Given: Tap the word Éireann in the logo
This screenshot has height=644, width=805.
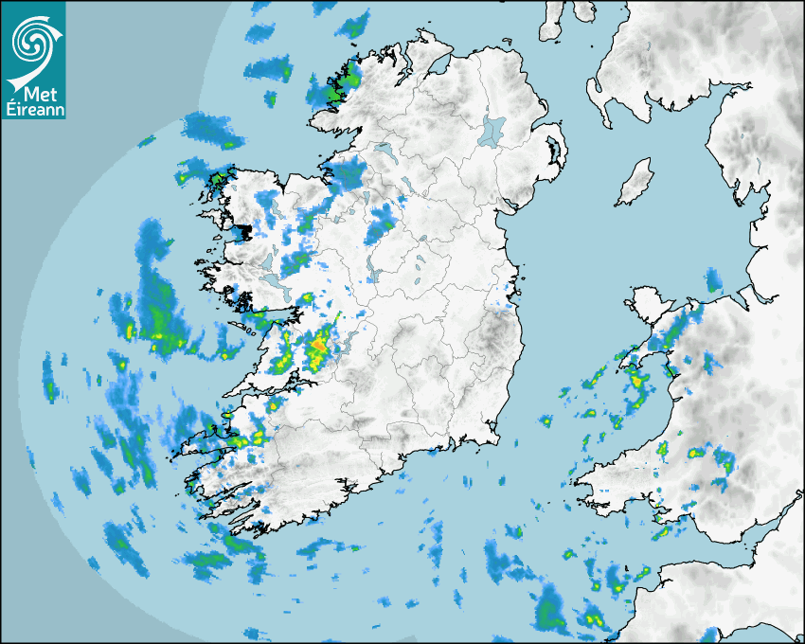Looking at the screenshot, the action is click(32, 109).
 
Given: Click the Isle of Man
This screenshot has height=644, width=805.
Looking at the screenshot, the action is click(635, 183).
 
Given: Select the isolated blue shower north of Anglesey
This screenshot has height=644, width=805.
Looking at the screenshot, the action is click(712, 280).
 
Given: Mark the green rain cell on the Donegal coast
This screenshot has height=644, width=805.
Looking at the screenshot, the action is click(334, 91).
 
